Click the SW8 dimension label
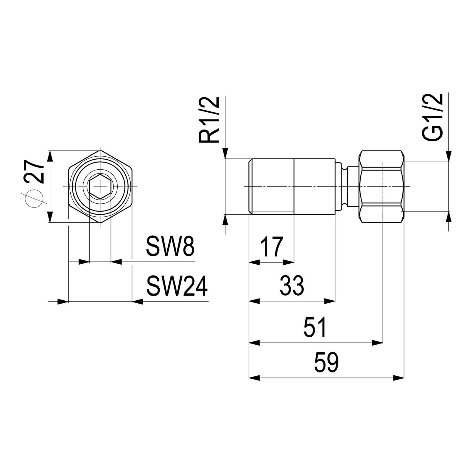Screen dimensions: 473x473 pos(171,246)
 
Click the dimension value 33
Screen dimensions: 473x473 pos(292,286)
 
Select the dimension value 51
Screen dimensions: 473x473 pos(315,327)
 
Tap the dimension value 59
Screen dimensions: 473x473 pos(326,362)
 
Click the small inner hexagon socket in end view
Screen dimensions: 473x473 pos(100,187)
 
